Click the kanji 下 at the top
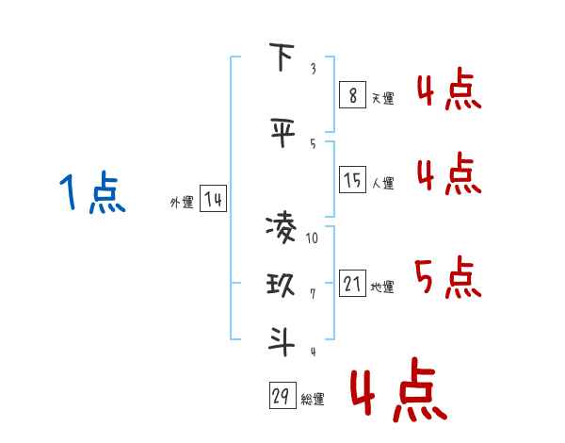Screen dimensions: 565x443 (282, 57)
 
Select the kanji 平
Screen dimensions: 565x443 (282, 132)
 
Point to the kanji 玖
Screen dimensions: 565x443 (281, 285)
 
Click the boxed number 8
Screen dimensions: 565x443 (352, 95)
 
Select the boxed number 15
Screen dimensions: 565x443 (352, 179)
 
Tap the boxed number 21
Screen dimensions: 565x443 (352, 283)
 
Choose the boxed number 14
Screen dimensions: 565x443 (213, 199)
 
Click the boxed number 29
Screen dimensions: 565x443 (282, 395)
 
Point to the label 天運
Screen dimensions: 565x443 (382, 98)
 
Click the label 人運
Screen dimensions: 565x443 (382, 183)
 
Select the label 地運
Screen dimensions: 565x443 (382, 287)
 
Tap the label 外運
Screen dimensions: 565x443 (182, 202)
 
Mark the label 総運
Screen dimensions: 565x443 (313, 399)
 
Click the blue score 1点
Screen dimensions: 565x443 (92, 192)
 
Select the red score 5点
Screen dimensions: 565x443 (447, 277)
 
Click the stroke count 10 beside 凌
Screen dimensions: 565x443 (312, 238)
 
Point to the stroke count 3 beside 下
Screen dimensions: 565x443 (314, 68)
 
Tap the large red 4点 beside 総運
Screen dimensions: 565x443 (398, 389)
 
